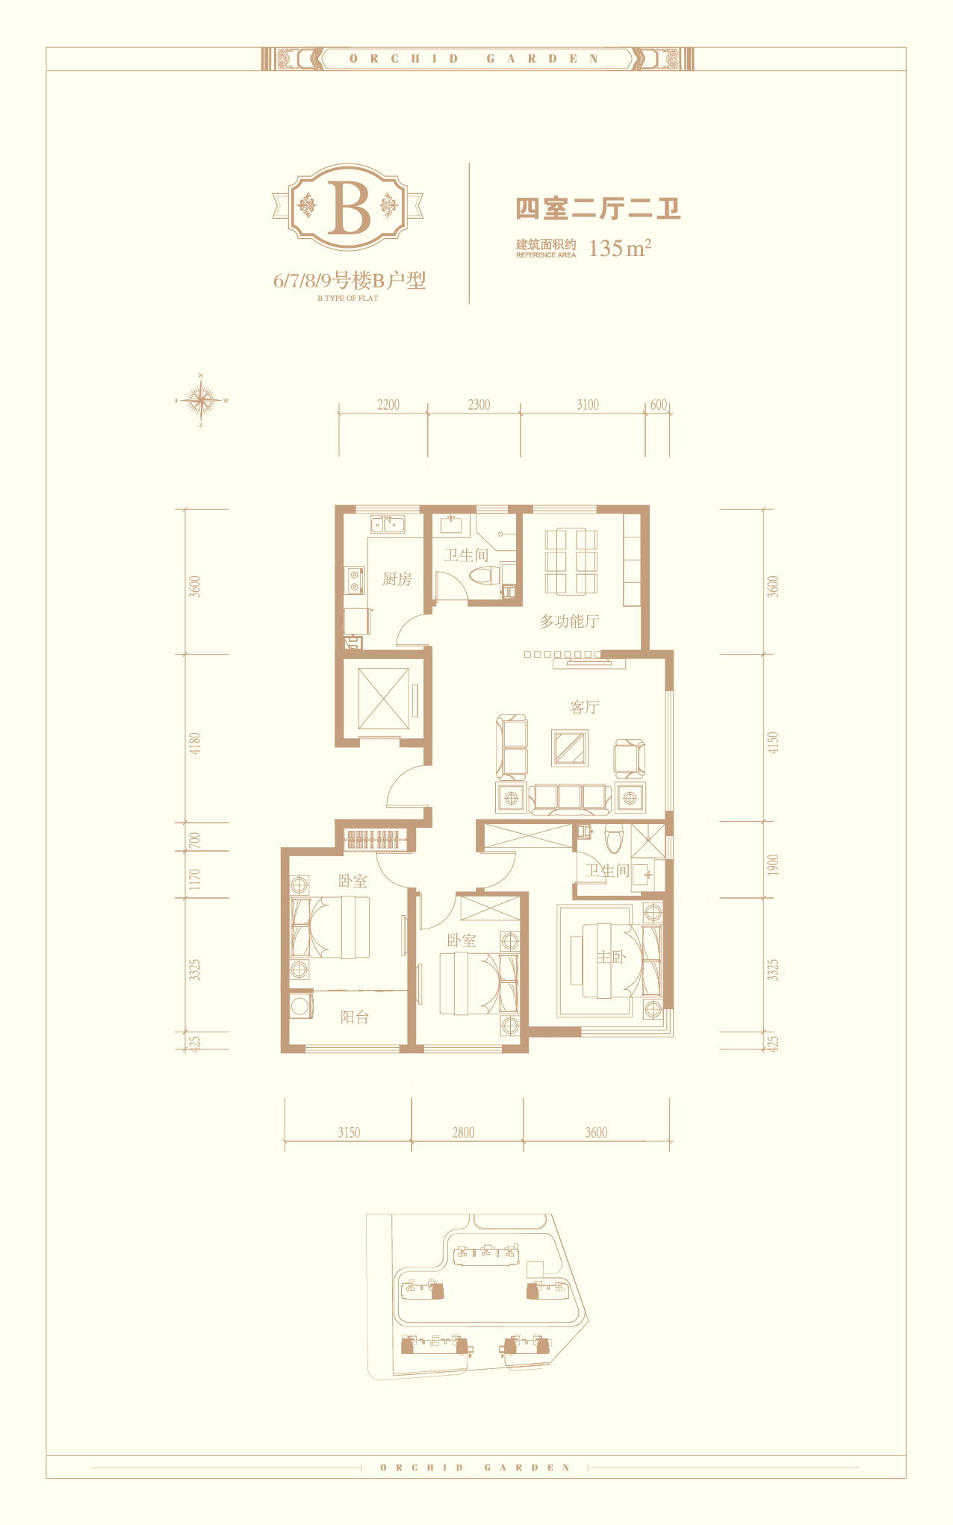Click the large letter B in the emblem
(x=350, y=208)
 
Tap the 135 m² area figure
(x=620, y=248)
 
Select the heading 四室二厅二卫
(x=598, y=208)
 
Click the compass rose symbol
(x=201, y=400)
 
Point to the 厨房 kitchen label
(x=397, y=578)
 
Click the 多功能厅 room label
(x=569, y=621)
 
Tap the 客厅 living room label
(x=584, y=707)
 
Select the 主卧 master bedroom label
(x=611, y=956)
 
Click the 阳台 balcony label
(x=354, y=1017)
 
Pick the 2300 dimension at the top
(x=479, y=405)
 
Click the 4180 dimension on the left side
(x=195, y=743)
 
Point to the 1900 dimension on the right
(x=773, y=865)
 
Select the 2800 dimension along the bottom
(x=463, y=1132)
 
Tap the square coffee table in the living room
(x=570, y=748)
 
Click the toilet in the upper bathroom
(x=482, y=576)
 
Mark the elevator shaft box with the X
(x=384, y=699)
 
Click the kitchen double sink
(x=388, y=524)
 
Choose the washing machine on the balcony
(x=301, y=1005)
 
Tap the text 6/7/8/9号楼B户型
(x=350, y=281)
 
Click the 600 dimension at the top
(x=658, y=405)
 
